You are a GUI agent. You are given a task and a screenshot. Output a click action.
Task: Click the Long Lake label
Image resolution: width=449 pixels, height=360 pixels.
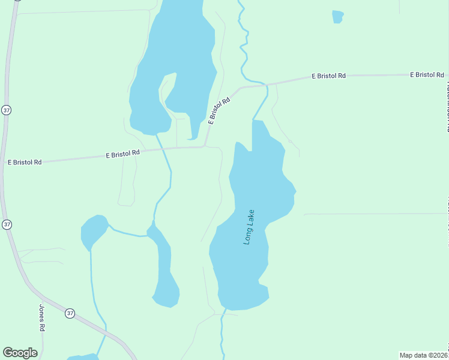click(249, 226)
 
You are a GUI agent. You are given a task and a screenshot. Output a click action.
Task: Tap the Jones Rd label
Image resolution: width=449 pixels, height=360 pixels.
click(42, 318)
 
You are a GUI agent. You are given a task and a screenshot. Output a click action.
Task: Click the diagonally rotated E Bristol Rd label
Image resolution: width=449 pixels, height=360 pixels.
click(220, 111)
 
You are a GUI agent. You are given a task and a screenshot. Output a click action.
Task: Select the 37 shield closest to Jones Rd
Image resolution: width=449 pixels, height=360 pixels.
click(70, 313)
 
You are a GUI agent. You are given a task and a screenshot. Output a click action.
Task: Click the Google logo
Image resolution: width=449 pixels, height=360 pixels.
click(20, 353)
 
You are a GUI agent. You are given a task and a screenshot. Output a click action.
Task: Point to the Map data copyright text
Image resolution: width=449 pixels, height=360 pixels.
click(423, 355)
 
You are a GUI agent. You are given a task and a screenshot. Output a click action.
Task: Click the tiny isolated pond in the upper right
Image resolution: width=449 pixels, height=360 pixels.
click(338, 16)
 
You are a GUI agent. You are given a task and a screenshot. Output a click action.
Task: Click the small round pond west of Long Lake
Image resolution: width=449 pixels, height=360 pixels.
click(93, 231)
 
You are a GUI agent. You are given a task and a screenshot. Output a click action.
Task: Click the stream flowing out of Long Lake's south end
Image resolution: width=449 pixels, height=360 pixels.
click(222, 333)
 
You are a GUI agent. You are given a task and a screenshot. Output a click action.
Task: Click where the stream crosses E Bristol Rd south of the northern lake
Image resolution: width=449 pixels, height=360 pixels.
click(163, 149)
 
